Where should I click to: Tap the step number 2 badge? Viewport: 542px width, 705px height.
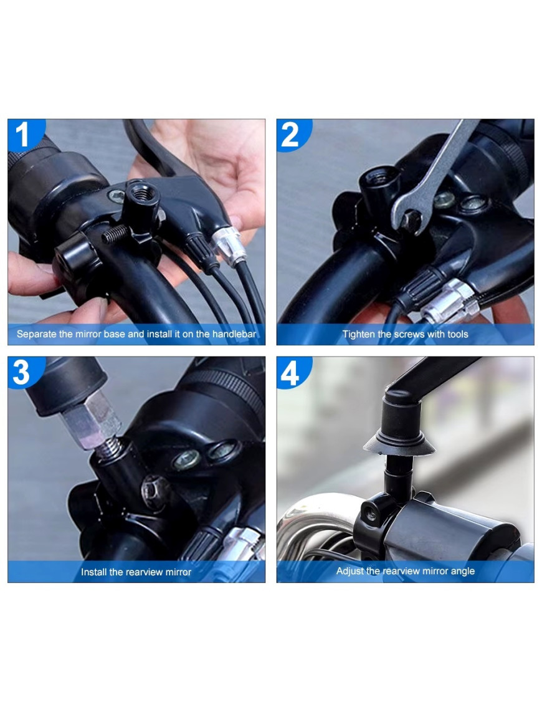point(292,134)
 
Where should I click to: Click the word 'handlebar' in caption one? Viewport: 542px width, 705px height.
point(234,334)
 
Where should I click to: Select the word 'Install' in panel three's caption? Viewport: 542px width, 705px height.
point(93,572)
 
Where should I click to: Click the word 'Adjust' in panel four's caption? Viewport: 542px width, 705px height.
point(349,571)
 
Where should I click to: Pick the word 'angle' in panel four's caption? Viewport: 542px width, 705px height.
point(462,572)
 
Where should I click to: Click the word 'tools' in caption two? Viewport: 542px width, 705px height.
point(457,334)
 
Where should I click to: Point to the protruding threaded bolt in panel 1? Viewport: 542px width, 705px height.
point(115,234)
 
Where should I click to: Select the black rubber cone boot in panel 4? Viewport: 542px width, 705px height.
point(399,444)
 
